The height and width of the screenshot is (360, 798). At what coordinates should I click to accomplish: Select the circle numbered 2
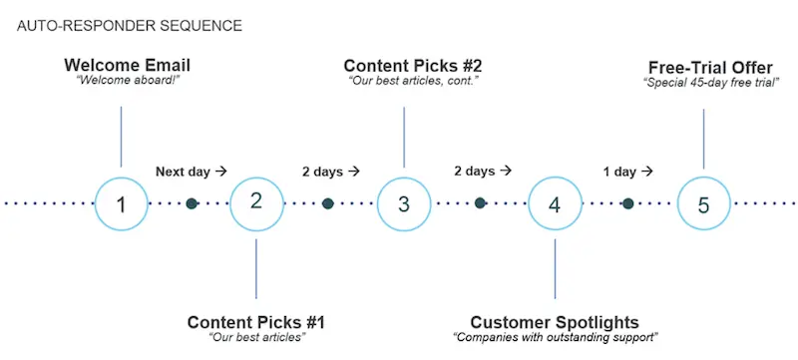click(x=256, y=201)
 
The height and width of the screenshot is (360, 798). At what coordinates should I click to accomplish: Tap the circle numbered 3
click(x=404, y=203)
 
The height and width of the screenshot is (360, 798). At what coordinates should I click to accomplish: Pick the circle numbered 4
click(x=554, y=203)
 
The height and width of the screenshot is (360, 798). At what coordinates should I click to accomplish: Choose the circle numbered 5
click(x=704, y=203)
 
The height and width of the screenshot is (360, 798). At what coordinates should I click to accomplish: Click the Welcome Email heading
click(x=127, y=66)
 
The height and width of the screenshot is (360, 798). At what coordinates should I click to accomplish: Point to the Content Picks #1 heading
click(x=256, y=322)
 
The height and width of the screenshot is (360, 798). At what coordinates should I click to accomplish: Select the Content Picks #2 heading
click(x=413, y=66)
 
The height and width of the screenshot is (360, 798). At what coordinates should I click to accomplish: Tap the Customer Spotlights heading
click(x=555, y=322)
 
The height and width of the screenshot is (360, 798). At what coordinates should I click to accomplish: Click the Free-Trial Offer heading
click(x=710, y=67)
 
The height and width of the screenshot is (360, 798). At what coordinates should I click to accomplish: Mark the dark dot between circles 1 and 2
click(x=192, y=203)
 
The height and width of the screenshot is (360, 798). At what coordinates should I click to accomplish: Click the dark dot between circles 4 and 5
click(x=627, y=203)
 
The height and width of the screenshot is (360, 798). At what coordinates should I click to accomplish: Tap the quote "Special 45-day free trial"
click(x=710, y=82)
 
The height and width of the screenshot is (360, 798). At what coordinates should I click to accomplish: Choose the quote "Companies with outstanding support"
click(x=555, y=338)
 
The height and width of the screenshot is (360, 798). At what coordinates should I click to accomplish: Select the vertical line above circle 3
click(x=404, y=136)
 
